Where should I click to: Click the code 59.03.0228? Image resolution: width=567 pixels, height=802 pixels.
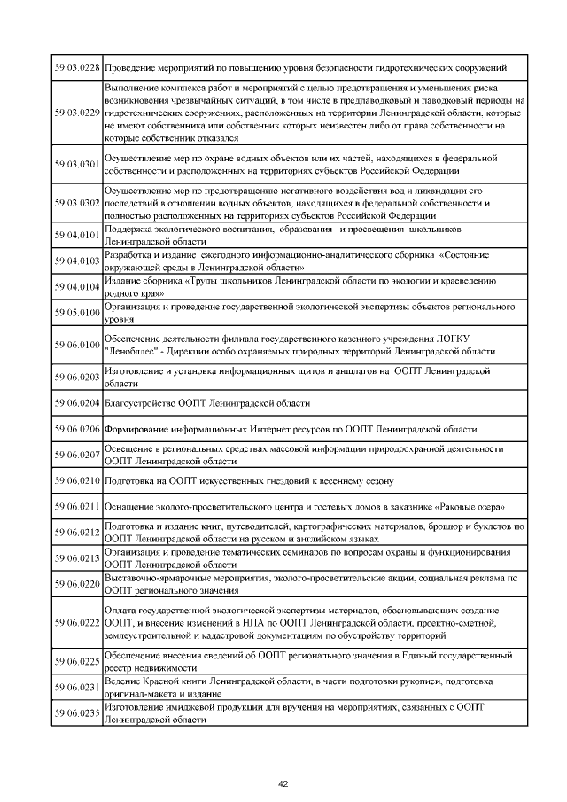(x=76, y=67)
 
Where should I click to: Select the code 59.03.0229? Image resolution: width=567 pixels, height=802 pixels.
(x=76, y=113)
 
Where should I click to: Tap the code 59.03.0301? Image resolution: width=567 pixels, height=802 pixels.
(x=76, y=164)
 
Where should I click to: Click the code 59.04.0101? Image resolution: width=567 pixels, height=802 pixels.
(x=76, y=236)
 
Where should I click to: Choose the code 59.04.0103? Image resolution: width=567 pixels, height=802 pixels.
(x=76, y=261)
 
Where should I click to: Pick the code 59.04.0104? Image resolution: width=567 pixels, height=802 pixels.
(x=76, y=287)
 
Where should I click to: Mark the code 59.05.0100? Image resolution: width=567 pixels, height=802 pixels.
(x=76, y=313)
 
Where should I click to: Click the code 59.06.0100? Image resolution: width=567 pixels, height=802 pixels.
(x=76, y=345)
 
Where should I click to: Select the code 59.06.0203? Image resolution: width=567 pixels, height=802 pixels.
(x=76, y=378)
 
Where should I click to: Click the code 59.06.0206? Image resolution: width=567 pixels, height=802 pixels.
(x=76, y=429)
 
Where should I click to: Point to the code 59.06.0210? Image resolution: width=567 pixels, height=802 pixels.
(x=76, y=480)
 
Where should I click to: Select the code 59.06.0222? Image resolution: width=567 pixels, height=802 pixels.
(x=76, y=623)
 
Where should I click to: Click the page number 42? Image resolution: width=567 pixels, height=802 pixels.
(x=283, y=783)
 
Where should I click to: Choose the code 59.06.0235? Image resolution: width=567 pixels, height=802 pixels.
(x=76, y=713)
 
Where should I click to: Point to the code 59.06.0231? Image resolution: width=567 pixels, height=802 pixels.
(x=76, y=688)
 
